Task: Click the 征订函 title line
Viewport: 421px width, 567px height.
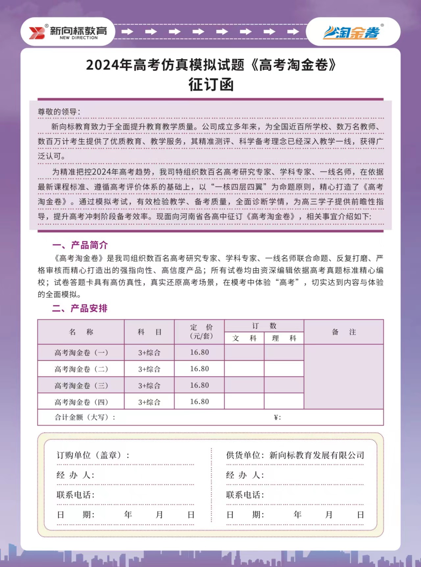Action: click(x=211, y=85)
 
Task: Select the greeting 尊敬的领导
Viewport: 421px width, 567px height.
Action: click(x=59, y=112)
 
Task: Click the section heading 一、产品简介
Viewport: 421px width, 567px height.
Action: click(x=80, y=245)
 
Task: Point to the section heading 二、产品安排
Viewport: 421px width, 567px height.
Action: click(x=80, y=308)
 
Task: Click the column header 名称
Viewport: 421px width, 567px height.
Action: click(x=81, y=332)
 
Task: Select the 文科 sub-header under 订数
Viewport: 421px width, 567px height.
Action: click(x=244, y=338)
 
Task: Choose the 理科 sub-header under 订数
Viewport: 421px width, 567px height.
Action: click(x=284, y=338)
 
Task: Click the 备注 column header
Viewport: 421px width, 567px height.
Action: click(x=344, y=332)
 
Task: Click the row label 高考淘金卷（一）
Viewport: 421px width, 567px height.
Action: click(x=81, y=353)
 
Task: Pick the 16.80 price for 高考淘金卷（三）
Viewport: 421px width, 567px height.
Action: click(x=199, y=385)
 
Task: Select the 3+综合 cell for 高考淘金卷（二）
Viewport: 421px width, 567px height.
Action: click(x=149, y=369)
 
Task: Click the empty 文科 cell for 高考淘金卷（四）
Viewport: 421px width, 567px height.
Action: click(x=244, y=402)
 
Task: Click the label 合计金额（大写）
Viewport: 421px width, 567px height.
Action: click(x=85, y=417)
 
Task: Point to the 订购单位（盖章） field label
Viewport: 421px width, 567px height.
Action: click(x=93, y=455)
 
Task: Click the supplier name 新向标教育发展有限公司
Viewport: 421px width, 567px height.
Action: click(x=317, y=455)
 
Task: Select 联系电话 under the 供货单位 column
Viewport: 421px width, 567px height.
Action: click(x=245, y=495)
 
